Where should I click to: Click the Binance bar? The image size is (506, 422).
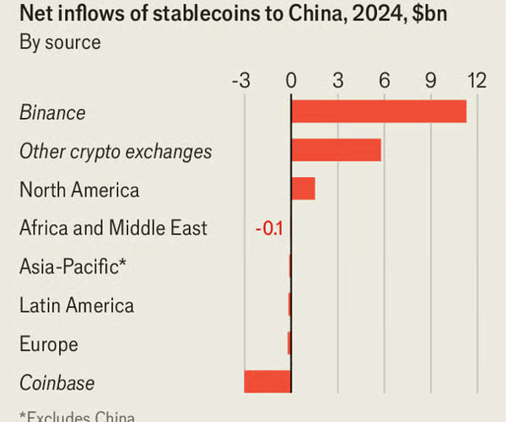(x=379, y=111)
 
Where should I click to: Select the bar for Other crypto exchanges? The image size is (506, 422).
(x=336, y=150)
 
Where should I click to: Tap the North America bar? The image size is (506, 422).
(x=303, y=189)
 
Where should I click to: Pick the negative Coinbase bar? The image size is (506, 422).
(x=267, y=381)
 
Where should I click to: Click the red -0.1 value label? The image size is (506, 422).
(x=268, y=228)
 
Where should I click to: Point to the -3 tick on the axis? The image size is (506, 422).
(x=240, y=81)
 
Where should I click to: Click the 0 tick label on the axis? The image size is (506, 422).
(x=291, y=81)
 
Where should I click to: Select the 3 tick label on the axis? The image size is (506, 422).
(x=337, y=81)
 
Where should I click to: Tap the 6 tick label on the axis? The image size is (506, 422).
(x=385, y=81)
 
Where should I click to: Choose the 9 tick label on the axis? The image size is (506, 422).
(x=431, y=81)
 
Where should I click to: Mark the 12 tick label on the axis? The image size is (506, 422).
(x=476, y=81)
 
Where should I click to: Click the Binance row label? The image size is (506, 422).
(x=53, y=112)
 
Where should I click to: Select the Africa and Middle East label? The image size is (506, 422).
(x=113, y=228)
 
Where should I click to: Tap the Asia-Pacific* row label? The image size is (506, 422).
(x=73, y=267)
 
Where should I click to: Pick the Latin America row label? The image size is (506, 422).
(x=77, y=306)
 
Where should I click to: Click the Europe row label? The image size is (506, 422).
(x=49, y=344)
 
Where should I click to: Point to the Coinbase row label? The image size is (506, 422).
(x=57, y=382)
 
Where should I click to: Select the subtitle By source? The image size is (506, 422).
(x=58, y=43)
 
